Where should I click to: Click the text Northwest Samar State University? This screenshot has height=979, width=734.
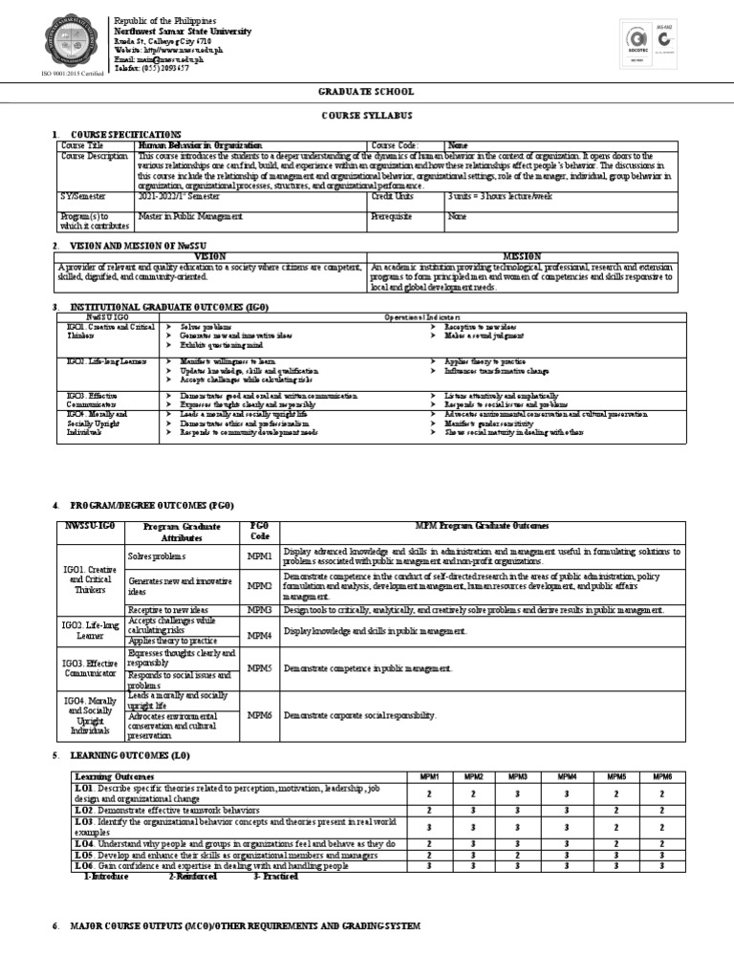coord(183,32)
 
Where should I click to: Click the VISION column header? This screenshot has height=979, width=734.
coord(210,256)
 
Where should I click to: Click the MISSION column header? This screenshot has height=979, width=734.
coord(522,256)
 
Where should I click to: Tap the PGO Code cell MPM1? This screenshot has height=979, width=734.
coord(260,555)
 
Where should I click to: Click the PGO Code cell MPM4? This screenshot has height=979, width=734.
coord(260,634)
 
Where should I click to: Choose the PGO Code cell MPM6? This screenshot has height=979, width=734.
coord(260,715)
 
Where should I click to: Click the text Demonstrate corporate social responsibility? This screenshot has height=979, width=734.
coord(359,715)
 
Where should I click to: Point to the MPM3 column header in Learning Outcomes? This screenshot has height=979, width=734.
coord(518,777)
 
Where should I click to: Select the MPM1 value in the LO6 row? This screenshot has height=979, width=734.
coord(430,865)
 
